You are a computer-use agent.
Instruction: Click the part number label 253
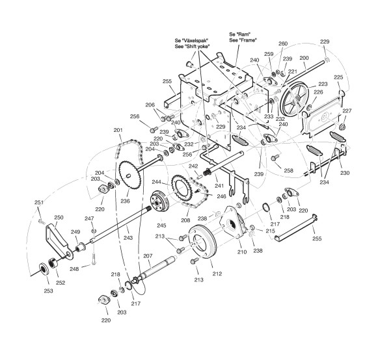48,291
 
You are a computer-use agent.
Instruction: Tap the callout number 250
59,218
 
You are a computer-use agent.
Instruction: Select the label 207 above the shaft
148,255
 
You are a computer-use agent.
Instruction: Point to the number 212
217,274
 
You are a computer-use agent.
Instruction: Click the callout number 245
161,225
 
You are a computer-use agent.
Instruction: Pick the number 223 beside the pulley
323,84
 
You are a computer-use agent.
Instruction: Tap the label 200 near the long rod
304,58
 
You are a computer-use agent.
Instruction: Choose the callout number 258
288,170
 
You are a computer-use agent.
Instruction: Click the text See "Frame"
243,40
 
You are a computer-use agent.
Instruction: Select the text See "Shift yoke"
193,47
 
